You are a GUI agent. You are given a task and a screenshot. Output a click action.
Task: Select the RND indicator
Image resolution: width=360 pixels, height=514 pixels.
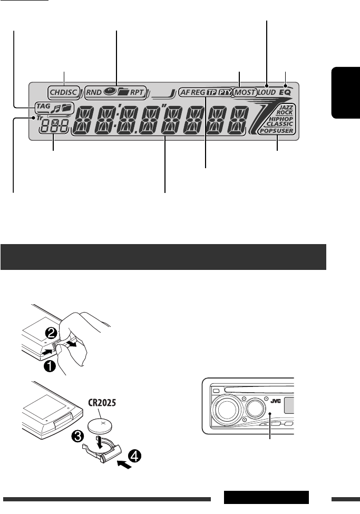(95, 92)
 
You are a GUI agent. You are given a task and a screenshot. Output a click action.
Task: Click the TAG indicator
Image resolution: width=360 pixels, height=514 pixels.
(42, 106)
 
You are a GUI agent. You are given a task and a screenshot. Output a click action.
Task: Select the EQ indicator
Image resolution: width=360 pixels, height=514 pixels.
(285, 92)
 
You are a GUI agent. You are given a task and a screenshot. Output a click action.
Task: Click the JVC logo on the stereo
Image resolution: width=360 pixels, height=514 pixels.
(275, 400)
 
